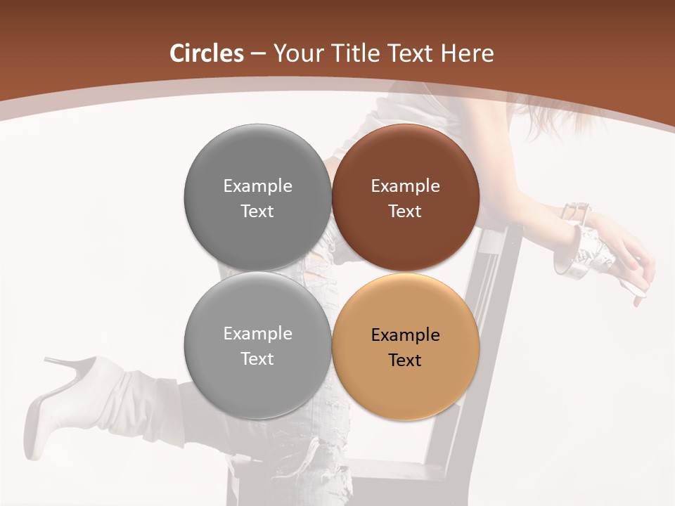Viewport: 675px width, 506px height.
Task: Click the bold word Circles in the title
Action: (x=206, y=53)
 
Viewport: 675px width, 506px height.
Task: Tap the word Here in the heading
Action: (x=468, y=53)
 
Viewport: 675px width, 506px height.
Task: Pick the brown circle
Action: (x=406, y=198)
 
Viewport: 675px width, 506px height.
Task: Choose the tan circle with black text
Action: (x=406, y=346)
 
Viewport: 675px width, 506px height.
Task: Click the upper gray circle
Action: (x=257, y=198)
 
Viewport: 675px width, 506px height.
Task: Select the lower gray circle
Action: (x=257, y=346)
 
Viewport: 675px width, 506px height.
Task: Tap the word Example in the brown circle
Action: (x=406, y=186)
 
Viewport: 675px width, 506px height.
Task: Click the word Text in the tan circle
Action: (x=405, y=360)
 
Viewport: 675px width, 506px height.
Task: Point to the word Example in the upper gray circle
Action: (x=257, y=186)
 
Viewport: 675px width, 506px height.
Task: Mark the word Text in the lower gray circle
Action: (x=257, y=358)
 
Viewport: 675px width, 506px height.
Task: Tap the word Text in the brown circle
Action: (x=405, y=211)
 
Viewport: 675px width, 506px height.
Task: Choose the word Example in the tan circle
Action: (x=406, y=335)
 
